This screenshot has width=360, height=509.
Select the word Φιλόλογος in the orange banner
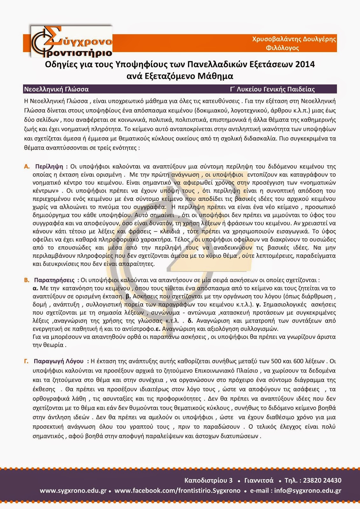[282, 48]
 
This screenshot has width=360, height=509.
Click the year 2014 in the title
[305, 65]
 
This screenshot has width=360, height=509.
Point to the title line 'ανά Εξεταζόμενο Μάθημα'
[180, 76]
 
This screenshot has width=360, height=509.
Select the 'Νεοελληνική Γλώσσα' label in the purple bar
[56, 89]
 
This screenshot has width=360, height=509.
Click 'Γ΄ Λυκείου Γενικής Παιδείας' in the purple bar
[272, 89]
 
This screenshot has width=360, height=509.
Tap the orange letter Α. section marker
[27, 166]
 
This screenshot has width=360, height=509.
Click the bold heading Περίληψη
[49, 166]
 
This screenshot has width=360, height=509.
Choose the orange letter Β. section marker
[27, 280]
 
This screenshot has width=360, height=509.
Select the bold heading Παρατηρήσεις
[54, 280]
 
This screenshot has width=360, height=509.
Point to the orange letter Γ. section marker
[27, 361]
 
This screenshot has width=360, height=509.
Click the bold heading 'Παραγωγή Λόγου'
[59, 361]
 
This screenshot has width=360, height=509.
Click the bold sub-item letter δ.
[190, 321]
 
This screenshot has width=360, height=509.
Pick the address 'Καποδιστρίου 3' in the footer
[208, 480]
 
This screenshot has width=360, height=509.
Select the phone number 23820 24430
[322, 480]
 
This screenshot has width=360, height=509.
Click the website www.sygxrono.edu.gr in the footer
[73, 491]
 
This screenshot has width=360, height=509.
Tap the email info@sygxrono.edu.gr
[308, 491]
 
